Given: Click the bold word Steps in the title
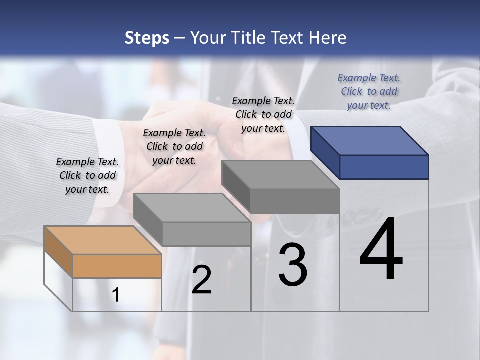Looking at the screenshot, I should click(x=147, y=38).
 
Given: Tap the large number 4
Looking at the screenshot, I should click(x=381, y=250).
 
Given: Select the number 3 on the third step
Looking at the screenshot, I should click(x=293, y=265).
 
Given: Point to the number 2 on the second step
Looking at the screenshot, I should click(x=201, y=280).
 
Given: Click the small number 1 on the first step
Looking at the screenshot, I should click(x=116, y=295).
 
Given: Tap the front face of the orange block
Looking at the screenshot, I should click(x=117, y=266).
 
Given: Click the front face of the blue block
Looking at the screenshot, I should click(x=384, y=167).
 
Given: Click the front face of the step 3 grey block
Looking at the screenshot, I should click(x=295, y=201).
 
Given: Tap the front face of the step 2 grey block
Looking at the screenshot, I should click(x=206, y=234).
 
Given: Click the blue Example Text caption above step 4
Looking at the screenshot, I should click(x=369, y=91).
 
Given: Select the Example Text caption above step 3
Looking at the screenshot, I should click(x=263, y=114).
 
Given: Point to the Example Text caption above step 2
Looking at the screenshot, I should click(x=174, y=146).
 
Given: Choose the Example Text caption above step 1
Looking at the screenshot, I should click(x=87, y=175).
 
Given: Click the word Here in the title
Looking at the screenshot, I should click(x=328, y=38).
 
